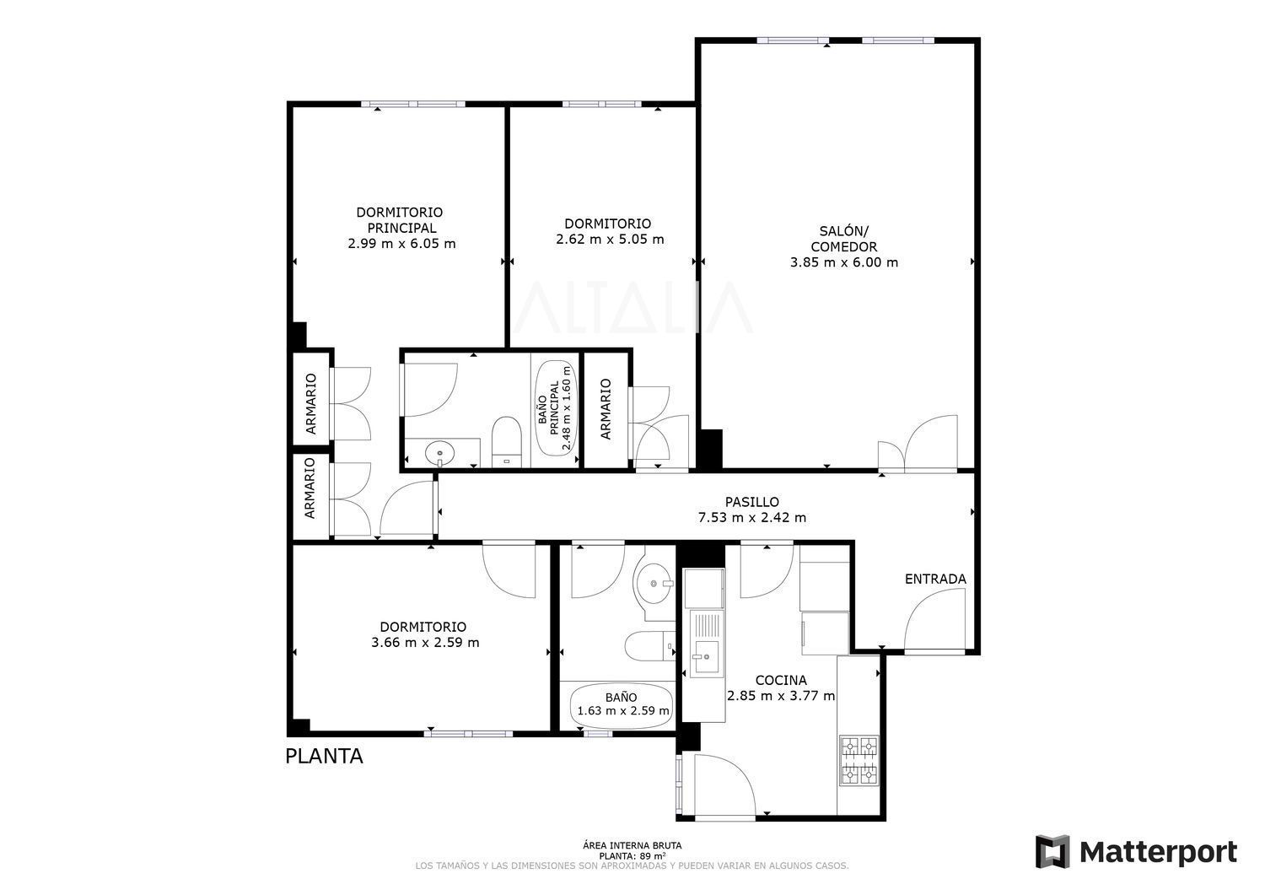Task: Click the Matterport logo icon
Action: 1052,851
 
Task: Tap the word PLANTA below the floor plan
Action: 324,756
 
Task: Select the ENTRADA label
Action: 935,579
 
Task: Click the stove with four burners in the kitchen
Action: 859,761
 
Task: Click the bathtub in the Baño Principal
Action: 556,408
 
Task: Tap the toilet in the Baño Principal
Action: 505,442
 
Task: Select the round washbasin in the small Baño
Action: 654,583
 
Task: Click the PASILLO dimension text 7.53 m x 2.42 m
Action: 752,517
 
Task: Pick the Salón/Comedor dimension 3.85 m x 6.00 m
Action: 843,262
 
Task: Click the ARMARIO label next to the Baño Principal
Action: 606,409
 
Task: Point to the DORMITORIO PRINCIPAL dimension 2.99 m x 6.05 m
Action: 401,244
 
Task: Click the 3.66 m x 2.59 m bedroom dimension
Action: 425,643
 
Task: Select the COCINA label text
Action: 781,680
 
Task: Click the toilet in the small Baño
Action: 649,646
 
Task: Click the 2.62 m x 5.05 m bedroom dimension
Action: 610,239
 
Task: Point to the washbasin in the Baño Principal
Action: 440,452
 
